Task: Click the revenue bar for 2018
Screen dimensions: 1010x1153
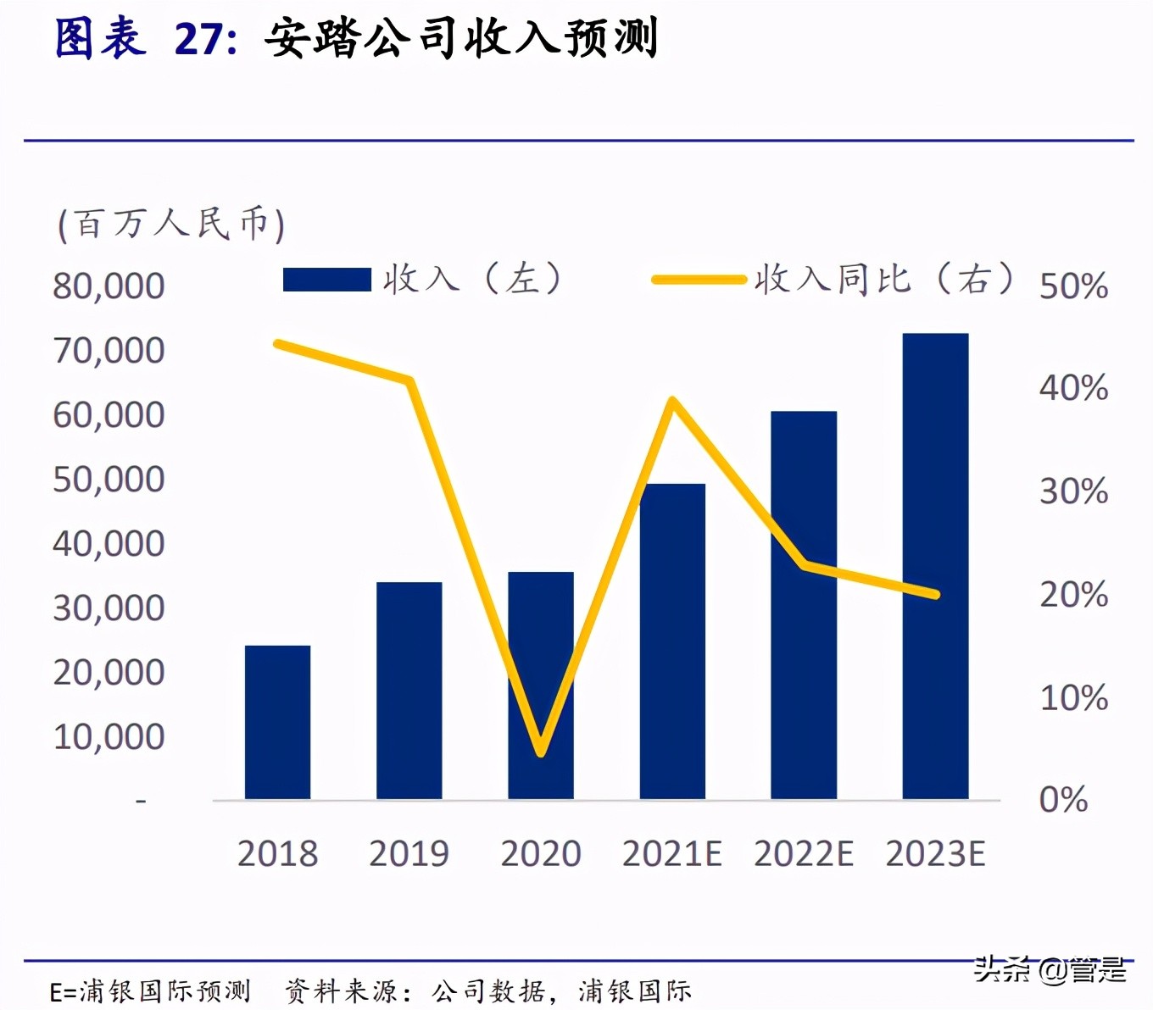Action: (277, 722)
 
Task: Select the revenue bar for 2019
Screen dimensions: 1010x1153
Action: (409, 691)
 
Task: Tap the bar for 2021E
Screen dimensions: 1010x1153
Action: (672, 641)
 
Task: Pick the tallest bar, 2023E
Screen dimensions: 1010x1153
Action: (935, 566)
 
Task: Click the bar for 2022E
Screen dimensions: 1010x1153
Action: (804, 605)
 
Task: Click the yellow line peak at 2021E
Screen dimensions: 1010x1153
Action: (672, 400)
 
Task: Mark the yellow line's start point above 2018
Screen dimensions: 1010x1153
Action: (278, 343)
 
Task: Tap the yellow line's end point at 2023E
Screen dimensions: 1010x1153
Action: (935, 594)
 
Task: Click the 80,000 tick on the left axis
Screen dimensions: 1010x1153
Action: (109, 286)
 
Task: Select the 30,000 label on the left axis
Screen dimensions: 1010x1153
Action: (109, 608)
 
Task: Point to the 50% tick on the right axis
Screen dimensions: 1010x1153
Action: (1073, 286)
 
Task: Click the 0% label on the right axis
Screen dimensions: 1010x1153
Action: (1063, 800)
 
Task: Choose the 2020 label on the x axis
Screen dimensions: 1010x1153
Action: (541, 853)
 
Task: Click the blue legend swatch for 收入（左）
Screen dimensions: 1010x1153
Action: (326, 280)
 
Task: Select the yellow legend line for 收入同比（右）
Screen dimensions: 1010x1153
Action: (699, 279)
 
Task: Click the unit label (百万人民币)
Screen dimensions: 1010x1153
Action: (170, 225)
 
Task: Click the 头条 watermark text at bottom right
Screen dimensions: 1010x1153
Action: (1001, 969)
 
